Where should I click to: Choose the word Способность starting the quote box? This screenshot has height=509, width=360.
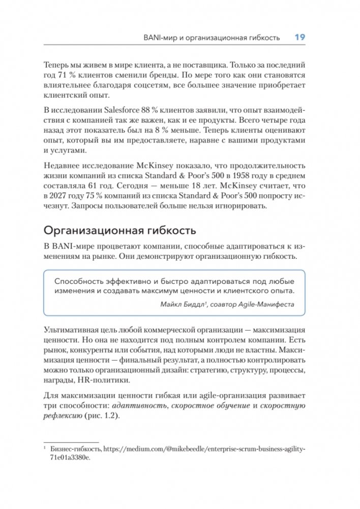coord(81,281)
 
